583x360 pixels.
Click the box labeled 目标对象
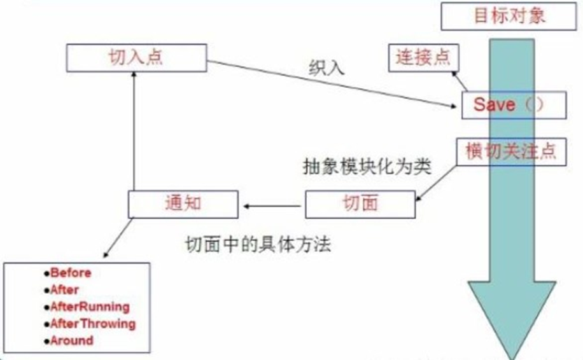(x=510, y=15)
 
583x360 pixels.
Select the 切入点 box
(x=137, y=57)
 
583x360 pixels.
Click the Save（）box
(x=513, y=105)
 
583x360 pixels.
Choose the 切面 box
(x=360, y=203)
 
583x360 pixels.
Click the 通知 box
(x=183, y=204)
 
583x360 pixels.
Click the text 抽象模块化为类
(x=367, y=169)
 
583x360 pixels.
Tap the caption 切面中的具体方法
(x=258, y=245)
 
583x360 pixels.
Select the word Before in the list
(x=71, y=273)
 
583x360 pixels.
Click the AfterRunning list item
(x=90, y=307)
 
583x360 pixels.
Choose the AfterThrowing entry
(x=93, y=323)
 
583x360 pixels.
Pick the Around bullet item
(x=71, y=340)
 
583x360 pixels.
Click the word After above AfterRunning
(x=64, y=290)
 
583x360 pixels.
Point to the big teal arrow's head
(x=507, y=318)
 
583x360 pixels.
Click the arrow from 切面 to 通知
(x=272, y=205)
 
